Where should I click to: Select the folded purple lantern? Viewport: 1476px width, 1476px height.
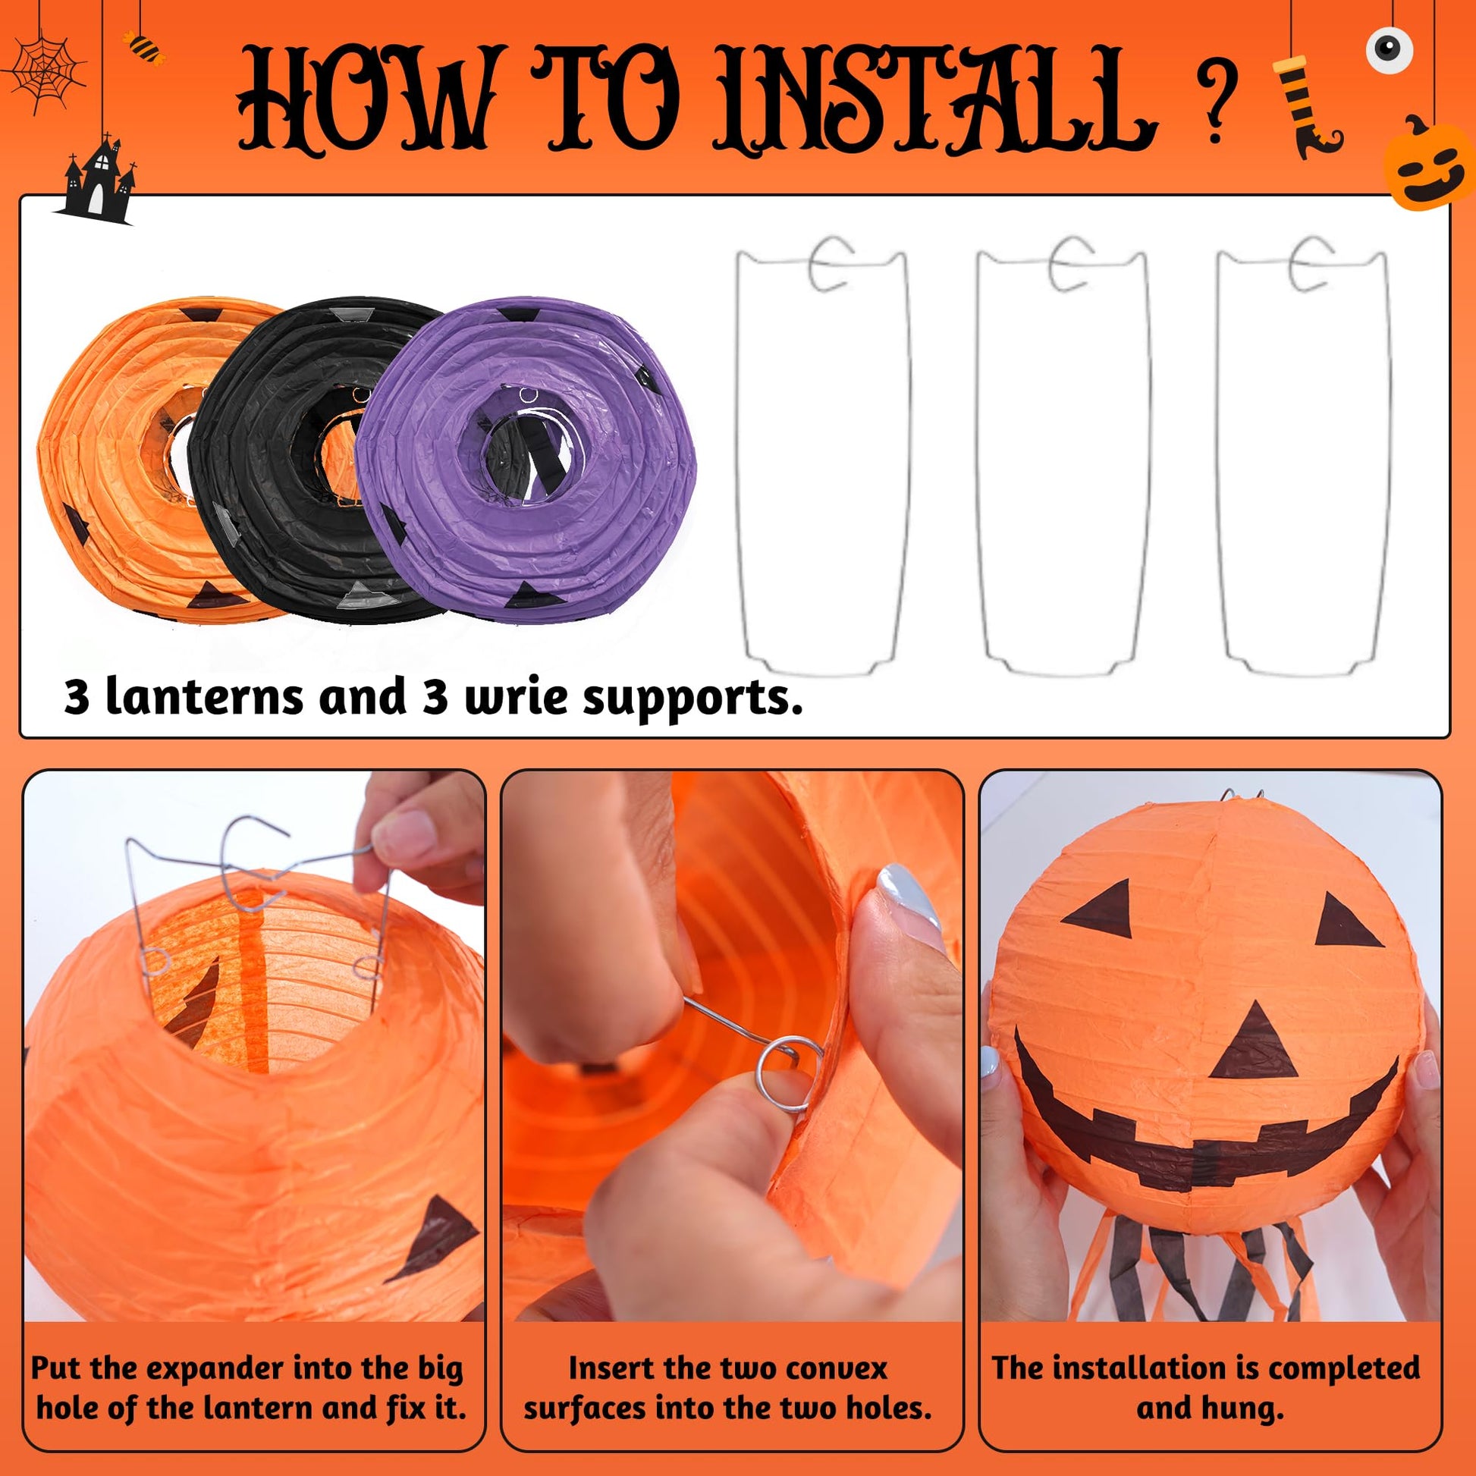tap(527, 454)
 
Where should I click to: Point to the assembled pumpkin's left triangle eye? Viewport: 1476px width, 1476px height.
tap(1101, 909)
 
